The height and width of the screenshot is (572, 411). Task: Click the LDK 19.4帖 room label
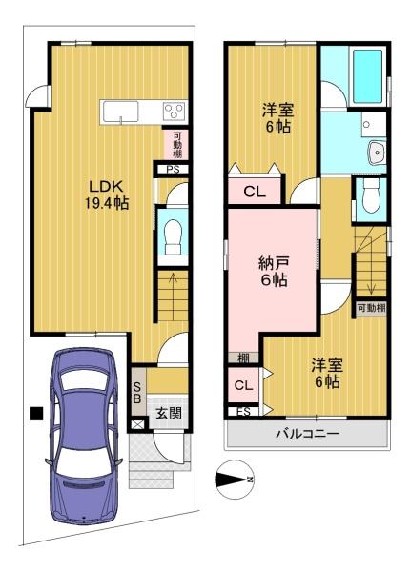point(107,195)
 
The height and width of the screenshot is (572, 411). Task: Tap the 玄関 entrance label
point(169,413)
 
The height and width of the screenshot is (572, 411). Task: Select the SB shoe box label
point(137,393)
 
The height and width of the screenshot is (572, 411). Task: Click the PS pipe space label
point(173,170)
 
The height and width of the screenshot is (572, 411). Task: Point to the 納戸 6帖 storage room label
point(274,272)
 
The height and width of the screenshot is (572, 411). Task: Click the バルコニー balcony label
point(308,434)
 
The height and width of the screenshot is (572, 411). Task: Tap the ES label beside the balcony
point(244,412)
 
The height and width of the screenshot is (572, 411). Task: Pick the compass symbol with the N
point(235,480)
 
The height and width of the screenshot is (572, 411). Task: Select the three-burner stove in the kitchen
point(175,111)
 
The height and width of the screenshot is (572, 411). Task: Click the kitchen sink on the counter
point(120,112)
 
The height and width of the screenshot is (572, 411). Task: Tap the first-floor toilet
point(173,237)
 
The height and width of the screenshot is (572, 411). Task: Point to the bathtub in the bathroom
point(367,76)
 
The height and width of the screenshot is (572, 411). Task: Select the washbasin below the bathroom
point(376,153)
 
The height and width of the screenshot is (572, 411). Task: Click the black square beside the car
point(36,414)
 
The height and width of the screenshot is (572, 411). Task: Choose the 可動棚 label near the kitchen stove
point(177,145)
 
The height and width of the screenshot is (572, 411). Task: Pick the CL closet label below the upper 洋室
point(255,192)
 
